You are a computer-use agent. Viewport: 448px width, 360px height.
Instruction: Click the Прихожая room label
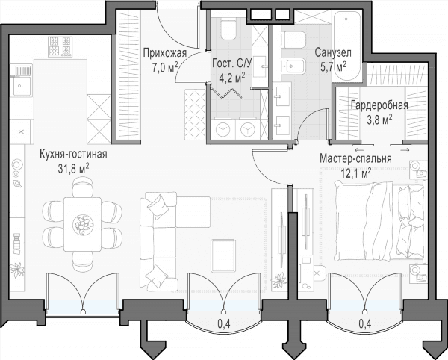165,54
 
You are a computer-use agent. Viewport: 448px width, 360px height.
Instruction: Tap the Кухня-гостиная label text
73,154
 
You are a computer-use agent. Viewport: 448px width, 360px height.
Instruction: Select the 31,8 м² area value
73,169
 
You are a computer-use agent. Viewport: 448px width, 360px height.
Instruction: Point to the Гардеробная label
379,105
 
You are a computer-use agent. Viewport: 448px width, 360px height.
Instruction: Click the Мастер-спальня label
355,158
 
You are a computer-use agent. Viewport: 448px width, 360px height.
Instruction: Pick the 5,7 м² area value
333,67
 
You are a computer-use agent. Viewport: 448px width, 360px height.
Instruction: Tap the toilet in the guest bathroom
228,29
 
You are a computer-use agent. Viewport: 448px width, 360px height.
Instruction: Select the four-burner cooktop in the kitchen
60,46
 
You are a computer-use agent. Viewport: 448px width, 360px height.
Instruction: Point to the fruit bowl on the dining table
82,224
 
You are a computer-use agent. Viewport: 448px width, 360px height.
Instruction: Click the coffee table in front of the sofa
223,255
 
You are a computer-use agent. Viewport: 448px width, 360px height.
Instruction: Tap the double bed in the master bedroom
380,222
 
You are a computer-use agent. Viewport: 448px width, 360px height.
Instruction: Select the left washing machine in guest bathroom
223,129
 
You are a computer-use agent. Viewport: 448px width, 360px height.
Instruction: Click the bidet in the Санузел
294,66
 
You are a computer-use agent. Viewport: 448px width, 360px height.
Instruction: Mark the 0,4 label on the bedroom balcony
365,323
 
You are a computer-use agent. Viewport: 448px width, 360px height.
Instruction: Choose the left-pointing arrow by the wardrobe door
359,149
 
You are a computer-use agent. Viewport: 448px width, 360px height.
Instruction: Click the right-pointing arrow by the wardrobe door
405,149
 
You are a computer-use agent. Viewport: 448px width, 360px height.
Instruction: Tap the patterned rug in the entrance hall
195,114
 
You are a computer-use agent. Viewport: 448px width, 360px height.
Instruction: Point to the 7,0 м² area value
165,69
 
